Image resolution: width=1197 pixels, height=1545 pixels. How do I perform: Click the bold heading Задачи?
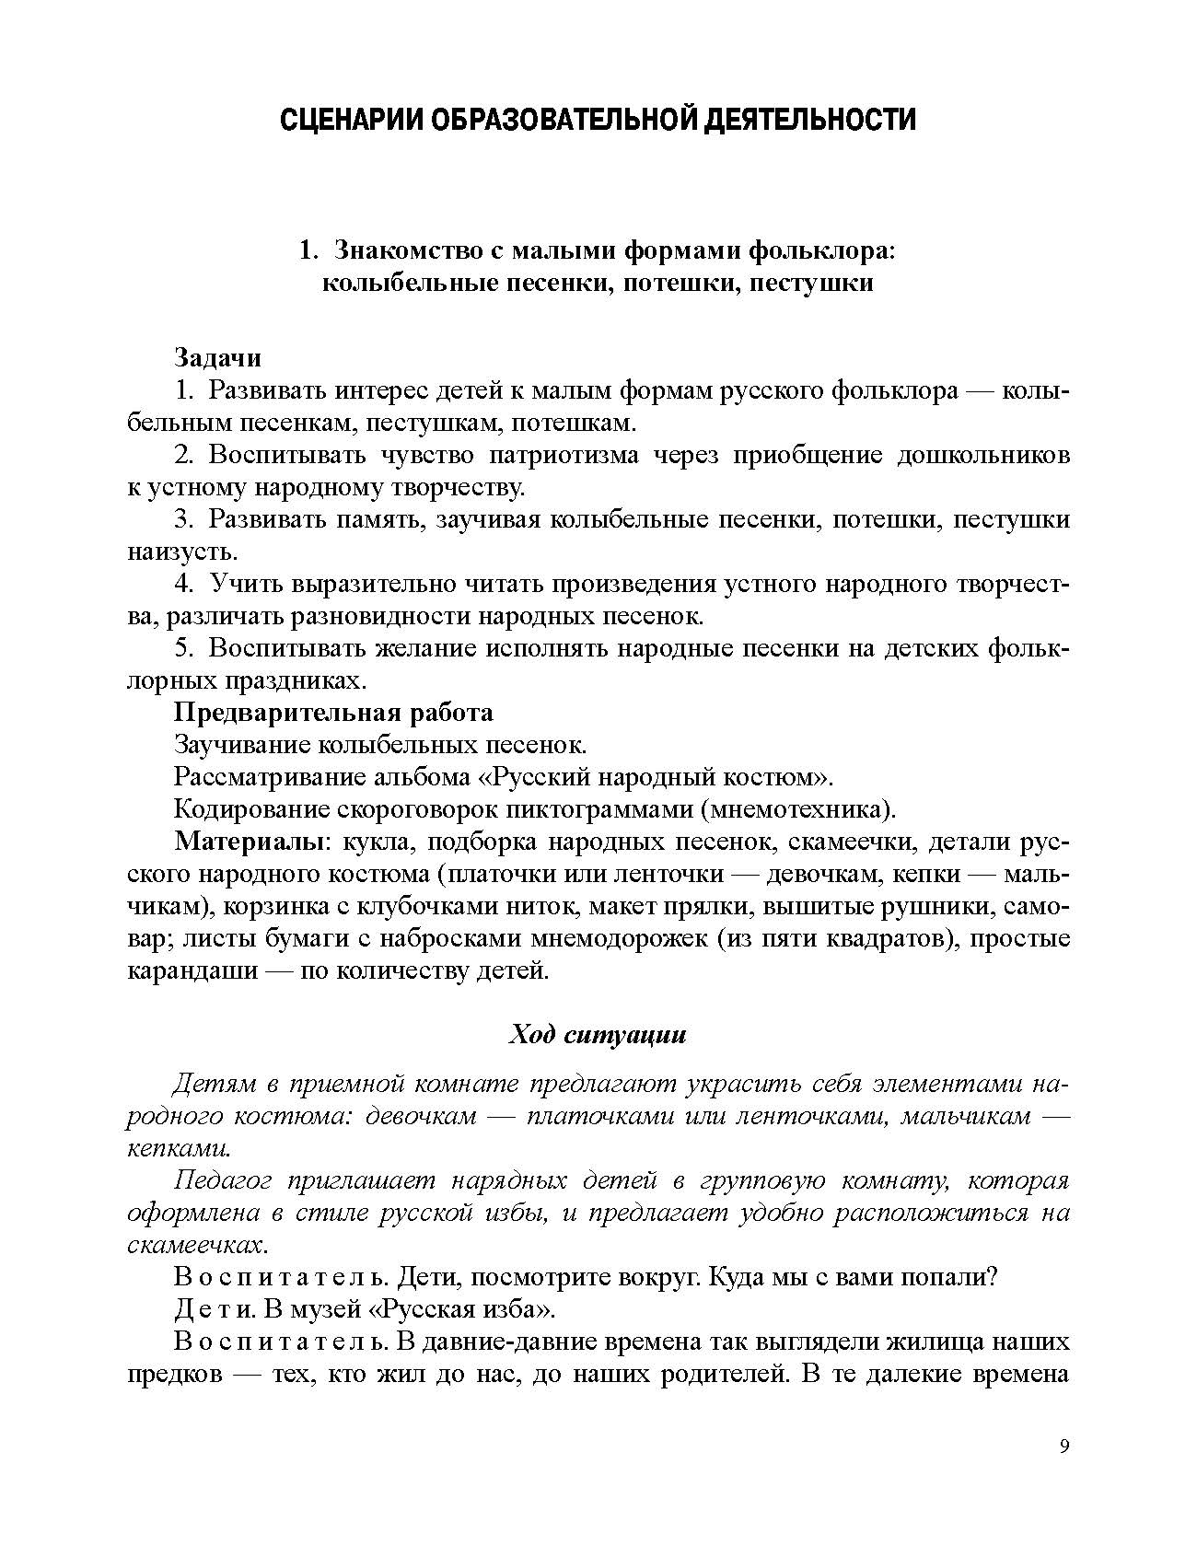[x=217, y=357]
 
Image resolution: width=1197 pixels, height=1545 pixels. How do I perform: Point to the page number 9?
[x=1064, y=1446]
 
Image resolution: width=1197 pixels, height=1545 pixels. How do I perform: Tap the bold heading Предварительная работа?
[x=333, y=712]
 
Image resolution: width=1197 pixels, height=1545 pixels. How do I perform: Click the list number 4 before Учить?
[x=184, y=584]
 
